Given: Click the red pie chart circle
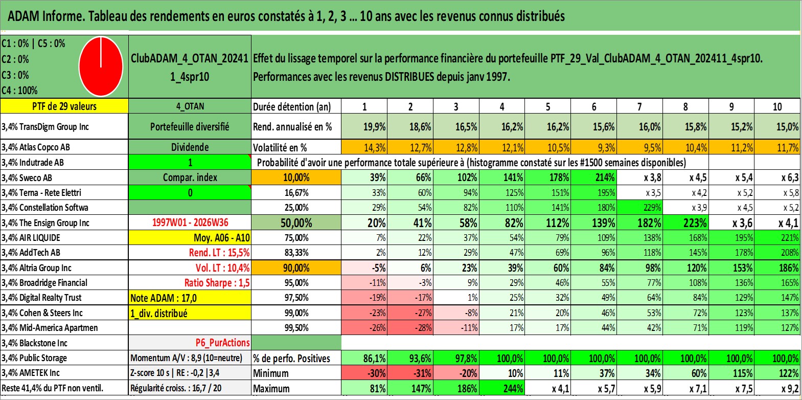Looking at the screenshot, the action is click(101, 66).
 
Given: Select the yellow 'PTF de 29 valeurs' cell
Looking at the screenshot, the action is click(64, 106).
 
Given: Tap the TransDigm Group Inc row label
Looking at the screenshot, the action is click(45, 126).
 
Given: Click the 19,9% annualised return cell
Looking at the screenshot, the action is click(364, 126).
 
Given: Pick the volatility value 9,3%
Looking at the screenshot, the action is click(593, 147).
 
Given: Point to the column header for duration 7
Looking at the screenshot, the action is click(639, 106).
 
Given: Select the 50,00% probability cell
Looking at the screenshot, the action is click(296, 223).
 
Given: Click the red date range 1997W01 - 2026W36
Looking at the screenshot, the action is click(190, 223).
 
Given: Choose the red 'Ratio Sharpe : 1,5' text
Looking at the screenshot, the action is click(217, 283).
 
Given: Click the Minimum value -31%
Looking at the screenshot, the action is click(410, 373).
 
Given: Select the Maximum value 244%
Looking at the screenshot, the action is click(502, 388).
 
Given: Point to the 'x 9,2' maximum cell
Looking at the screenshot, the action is click(777, 388).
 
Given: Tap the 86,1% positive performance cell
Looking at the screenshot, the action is click(364, 358).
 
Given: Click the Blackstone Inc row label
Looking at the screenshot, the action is click(34, 343).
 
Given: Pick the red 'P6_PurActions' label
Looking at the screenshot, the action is click(222, 343).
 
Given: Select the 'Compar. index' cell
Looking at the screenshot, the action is click(190, 177).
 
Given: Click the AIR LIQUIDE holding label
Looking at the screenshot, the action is click(31, 238).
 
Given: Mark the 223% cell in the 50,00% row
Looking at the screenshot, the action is click(685, 223).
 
